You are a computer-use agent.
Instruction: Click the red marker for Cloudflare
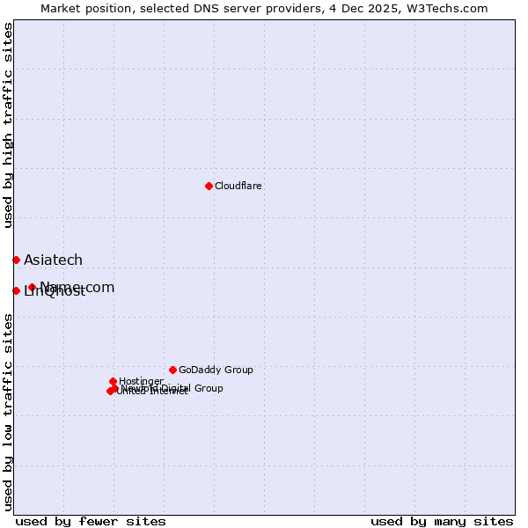pos(209,186)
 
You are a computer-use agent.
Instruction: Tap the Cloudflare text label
pos(238,186)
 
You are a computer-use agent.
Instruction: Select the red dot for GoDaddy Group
pos(172,370)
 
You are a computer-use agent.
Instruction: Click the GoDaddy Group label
pos(216,370)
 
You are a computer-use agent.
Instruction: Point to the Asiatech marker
pos(16,260)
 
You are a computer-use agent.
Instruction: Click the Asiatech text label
pos(53,260)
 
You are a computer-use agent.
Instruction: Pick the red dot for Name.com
pos(32,287)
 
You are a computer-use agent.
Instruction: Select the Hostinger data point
pos(113,381)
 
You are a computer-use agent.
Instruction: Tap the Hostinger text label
pos(141,381)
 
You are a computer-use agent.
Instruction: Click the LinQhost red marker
pos(16,290)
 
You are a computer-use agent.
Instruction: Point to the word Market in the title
pos(60,8)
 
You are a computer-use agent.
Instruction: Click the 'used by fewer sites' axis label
pos(91,521)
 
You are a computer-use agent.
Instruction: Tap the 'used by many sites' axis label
pos(442,521)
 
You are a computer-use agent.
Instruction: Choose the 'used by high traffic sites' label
pos(8,125)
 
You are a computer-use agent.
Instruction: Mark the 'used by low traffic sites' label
pos(8,411)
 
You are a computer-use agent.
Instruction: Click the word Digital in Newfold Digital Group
pos(176,388)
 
